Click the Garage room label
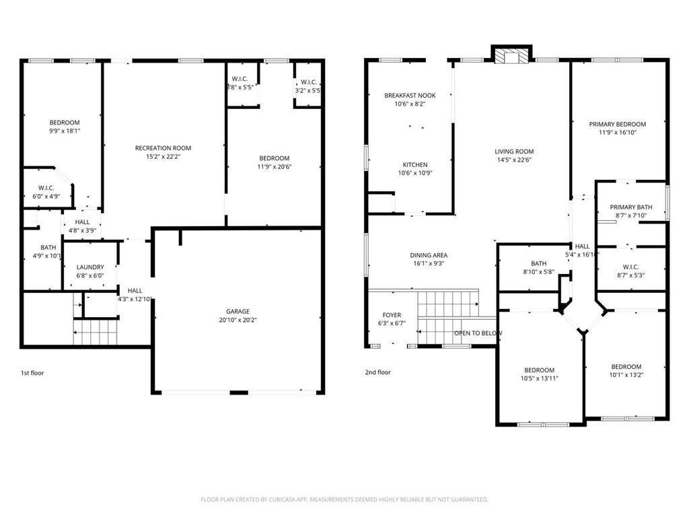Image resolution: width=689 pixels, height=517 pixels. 238,311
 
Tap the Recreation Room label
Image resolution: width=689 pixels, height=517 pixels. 163,148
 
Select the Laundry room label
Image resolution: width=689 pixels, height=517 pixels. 90,267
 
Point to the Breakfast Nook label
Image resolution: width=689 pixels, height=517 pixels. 410,96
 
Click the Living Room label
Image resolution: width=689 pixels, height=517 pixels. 514,151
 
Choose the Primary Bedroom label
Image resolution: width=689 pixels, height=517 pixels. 618,125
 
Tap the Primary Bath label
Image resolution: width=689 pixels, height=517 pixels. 631,207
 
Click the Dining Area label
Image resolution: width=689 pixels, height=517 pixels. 429,255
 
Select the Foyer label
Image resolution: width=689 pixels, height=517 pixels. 392,315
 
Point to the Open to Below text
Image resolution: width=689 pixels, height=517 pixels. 478,333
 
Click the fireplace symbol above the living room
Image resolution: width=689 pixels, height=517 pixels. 511,56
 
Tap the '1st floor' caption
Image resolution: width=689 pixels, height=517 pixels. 32,373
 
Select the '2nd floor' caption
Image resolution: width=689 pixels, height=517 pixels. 378,372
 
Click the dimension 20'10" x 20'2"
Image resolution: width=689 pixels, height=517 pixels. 238,320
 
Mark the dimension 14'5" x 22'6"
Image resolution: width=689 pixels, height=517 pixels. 514,160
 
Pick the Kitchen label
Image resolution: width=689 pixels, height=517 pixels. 415,165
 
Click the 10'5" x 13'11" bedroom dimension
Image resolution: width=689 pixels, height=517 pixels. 539,378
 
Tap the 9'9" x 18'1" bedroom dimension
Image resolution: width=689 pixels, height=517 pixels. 65,131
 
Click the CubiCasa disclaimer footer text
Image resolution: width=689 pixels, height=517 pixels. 344,499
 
